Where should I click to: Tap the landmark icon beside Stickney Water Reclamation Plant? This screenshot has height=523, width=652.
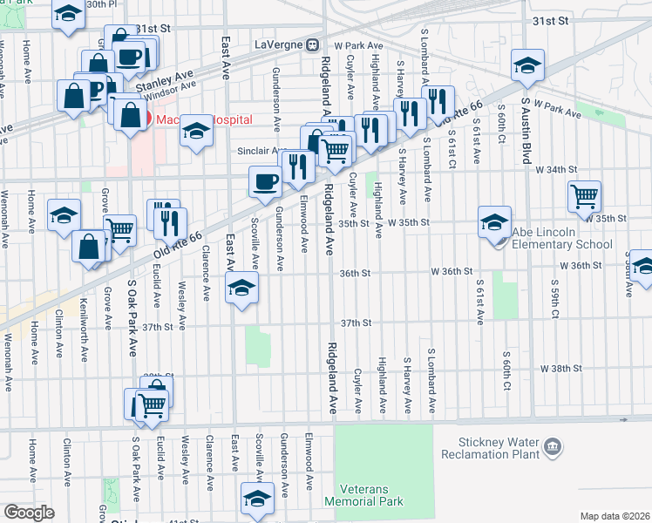551,448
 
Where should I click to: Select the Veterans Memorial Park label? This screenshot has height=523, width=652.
363,494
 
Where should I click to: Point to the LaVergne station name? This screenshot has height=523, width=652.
278,44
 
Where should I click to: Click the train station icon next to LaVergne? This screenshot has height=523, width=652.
313,44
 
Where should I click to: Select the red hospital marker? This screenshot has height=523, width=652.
148,119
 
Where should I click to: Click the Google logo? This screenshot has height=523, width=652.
29,513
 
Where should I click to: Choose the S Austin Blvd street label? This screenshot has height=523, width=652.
526,131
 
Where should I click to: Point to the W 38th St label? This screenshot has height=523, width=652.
560,369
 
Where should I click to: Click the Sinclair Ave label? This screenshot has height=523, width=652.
259,150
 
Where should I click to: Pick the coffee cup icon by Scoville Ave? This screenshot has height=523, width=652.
265,180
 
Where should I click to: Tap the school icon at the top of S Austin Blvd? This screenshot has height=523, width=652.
526,67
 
